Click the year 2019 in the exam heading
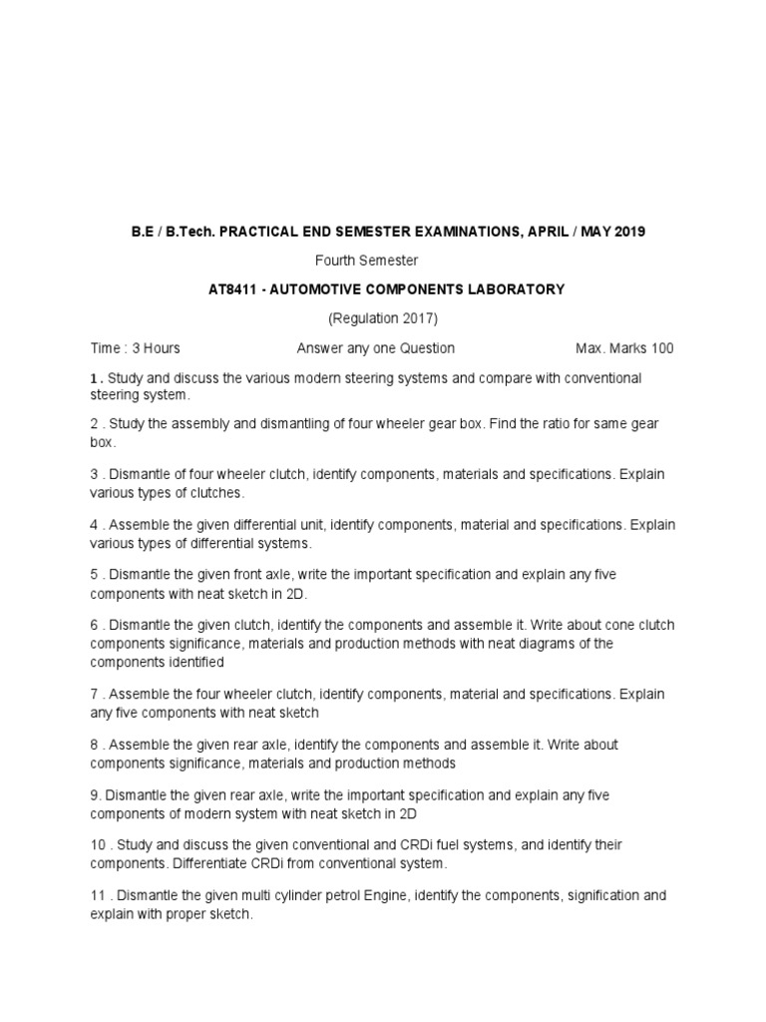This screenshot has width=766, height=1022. [629, 232]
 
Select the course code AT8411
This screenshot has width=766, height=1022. [230, 289]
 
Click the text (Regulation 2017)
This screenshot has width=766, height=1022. [383, 318]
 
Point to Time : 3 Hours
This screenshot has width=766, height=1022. [135, 348]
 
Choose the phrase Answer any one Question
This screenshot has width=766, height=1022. [375, 348]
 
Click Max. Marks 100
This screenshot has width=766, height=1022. [624, 348]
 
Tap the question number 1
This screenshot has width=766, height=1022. [94, 378]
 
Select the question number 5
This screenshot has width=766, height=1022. [94, 575]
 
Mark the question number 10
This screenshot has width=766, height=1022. [98, 845]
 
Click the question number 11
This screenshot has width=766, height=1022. [97, 895]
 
